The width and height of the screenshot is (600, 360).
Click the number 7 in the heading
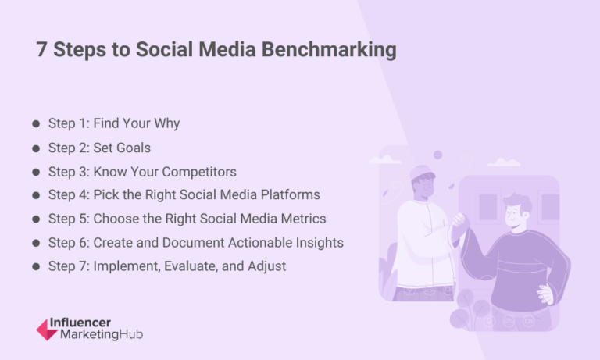[42, 51]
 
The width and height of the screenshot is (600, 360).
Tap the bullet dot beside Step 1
[36, 123]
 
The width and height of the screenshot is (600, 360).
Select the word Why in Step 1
[167, 123]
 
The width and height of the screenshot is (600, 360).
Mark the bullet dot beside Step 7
[36, 266]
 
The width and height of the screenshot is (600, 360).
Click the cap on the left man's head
[422, 173]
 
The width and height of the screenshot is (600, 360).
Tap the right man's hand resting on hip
[545, 293]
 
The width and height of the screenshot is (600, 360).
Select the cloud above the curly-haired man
[504, 162]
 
